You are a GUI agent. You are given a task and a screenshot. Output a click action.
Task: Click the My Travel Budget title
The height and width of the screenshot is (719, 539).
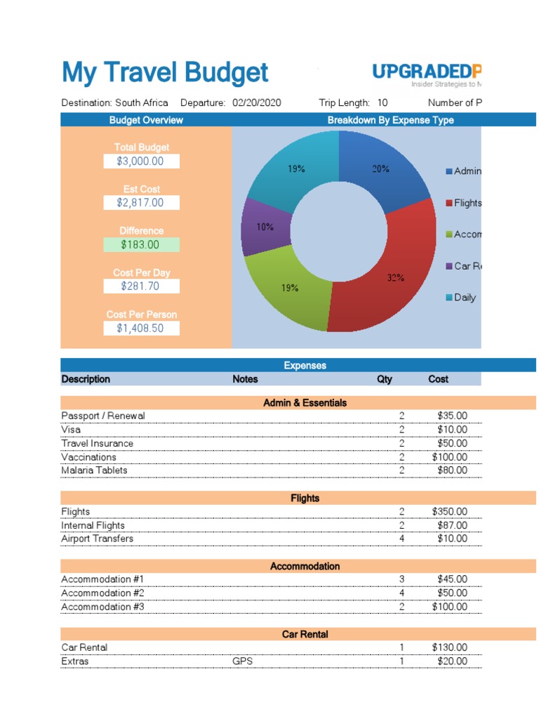coord(165,73)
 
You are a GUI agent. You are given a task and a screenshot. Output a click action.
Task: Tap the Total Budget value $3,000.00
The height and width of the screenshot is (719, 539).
coord(140,161)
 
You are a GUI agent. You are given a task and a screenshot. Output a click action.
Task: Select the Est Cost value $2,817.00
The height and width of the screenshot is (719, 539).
coord(140,202)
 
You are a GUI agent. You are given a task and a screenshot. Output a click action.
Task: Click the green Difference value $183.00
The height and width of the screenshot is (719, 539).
coord(140,244)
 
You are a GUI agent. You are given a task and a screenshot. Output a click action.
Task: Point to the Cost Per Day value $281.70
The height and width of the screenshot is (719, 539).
coord(140,286)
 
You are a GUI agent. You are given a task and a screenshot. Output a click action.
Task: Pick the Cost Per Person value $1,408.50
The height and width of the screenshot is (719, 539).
coord(140,328)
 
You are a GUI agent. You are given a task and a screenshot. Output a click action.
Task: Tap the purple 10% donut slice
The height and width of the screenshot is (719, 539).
coord(264,227)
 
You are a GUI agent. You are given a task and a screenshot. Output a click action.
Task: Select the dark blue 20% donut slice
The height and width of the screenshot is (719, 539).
coord(382,172)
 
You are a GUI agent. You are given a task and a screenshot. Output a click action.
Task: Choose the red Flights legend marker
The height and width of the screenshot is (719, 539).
coord(449,203)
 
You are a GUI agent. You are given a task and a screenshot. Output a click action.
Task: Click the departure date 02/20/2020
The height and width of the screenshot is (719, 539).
coord(257,103)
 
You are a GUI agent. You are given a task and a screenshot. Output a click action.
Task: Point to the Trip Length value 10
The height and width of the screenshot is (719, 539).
coord(382,103)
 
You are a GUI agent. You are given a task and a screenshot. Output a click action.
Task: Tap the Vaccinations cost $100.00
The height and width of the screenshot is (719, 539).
coord(449,457)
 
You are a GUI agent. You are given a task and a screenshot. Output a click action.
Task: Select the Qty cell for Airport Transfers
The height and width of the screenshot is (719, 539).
coord(402,539)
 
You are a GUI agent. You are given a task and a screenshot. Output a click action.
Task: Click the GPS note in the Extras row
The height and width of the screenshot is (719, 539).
coord(243,661)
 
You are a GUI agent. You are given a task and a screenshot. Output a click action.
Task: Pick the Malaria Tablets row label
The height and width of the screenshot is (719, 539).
coord(94,470)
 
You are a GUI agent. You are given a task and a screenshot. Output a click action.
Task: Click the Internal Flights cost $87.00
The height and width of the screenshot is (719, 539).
coord(451,525)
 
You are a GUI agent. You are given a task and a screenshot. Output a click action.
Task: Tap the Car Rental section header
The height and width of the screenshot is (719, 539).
coord(305,634)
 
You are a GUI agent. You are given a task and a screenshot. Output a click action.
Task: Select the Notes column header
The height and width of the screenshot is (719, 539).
coord(245,379)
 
